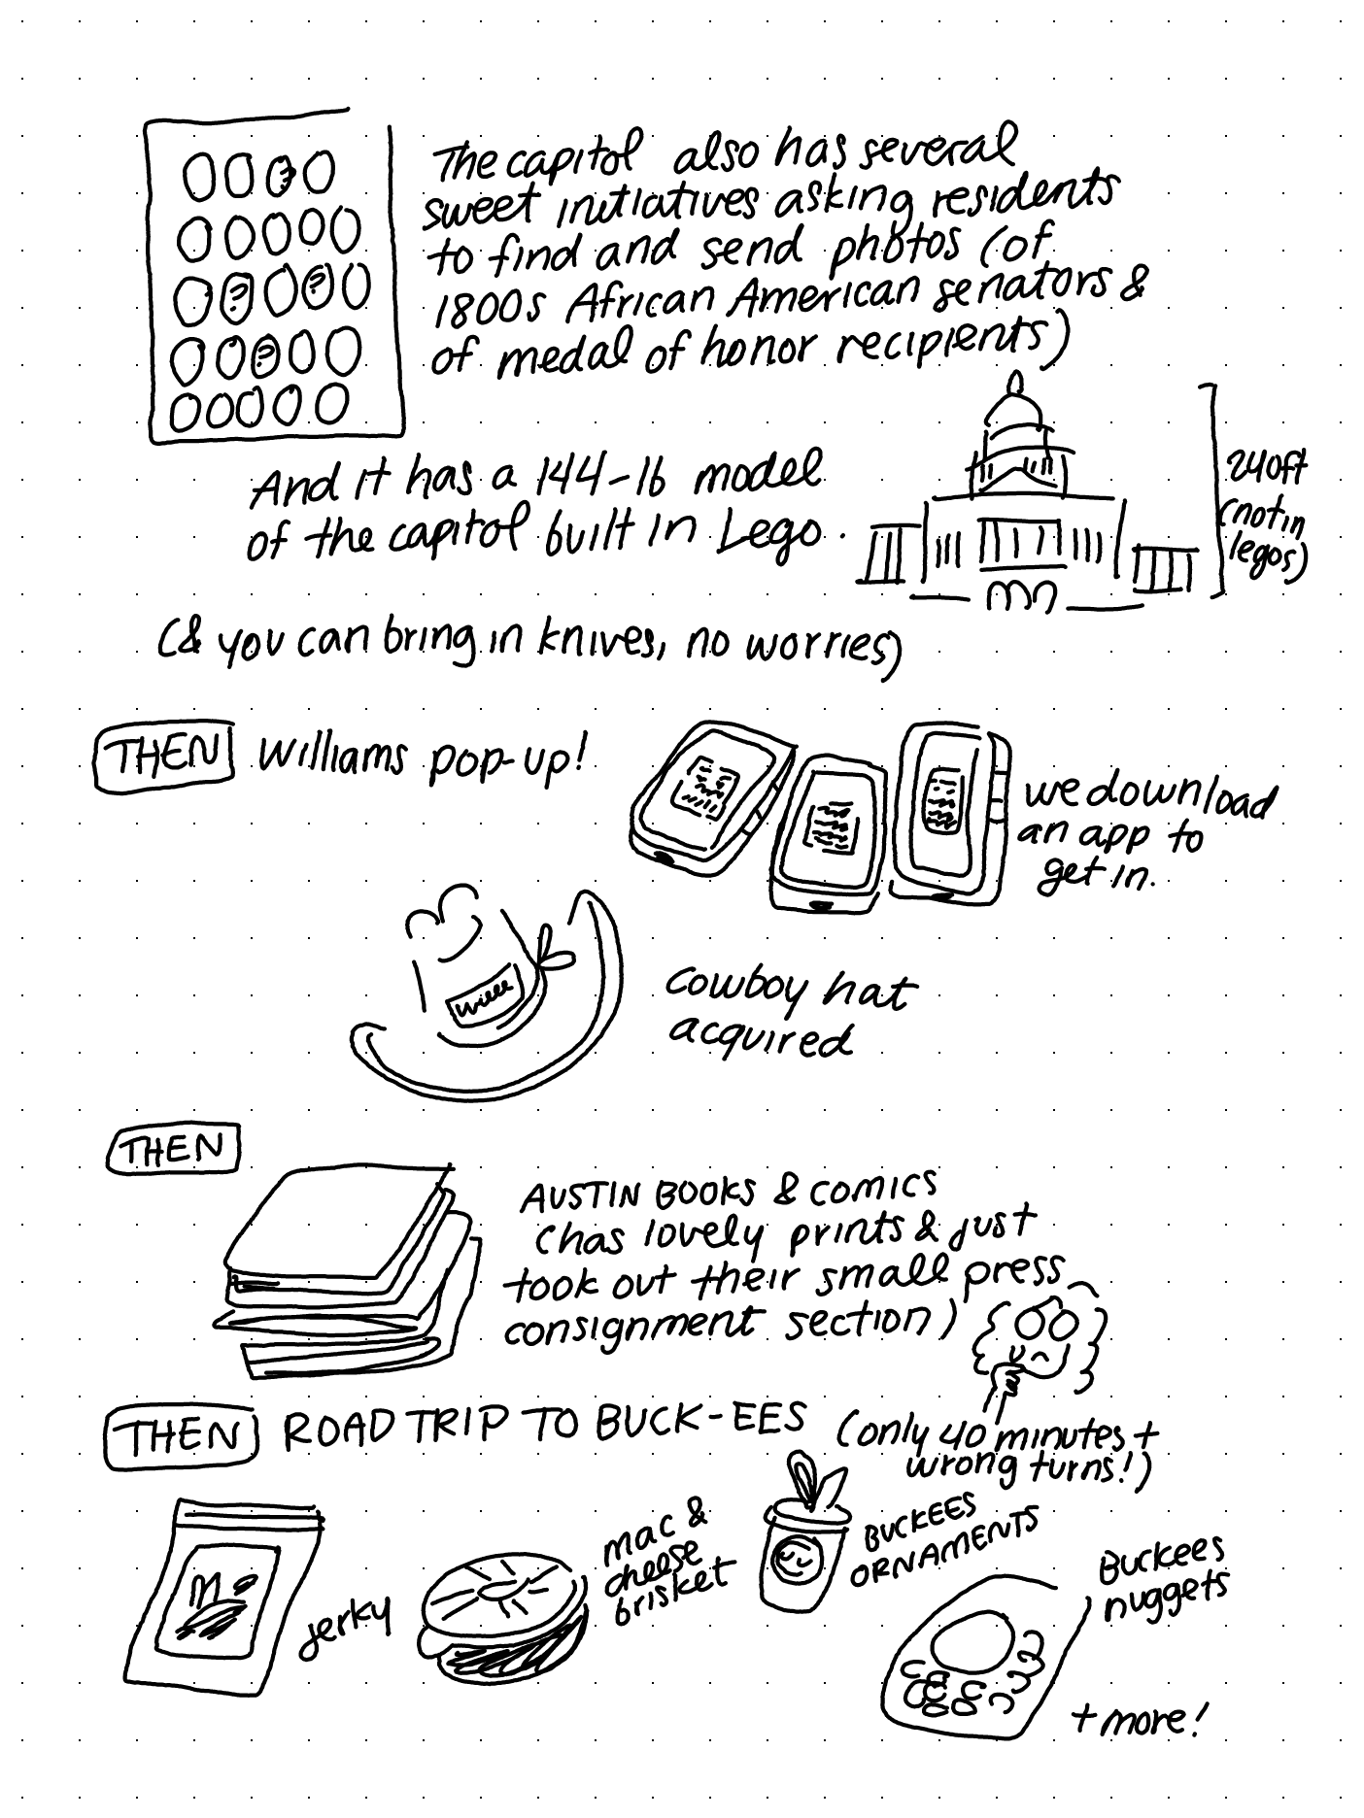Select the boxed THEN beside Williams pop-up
161,757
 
